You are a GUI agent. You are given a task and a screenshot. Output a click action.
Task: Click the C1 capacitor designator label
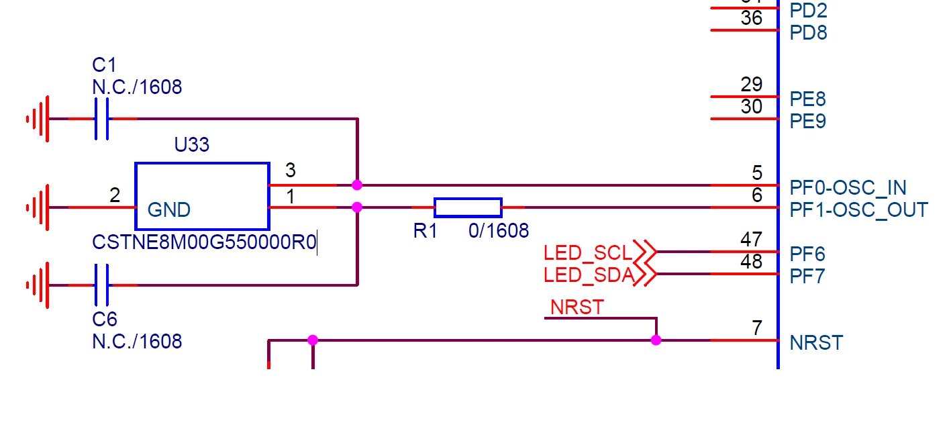point(104,65)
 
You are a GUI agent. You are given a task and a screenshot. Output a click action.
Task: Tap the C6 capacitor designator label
point(105,319)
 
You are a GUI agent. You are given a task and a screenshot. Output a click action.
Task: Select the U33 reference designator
point(192,144)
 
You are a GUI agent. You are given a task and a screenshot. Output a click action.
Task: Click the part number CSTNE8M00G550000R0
point(204,242)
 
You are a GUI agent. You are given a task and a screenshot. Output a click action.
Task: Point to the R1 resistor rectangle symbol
point(468,207)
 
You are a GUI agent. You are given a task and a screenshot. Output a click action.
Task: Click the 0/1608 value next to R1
point(499,231)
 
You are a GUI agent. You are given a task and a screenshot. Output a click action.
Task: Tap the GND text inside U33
point(169,210)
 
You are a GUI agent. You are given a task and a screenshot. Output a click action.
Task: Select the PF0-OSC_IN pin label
point(848,188)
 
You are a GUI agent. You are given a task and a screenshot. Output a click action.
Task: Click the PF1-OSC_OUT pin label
point(858,210)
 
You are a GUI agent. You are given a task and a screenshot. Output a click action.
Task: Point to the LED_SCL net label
point(588,253)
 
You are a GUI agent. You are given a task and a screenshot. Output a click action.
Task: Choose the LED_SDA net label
point(589,275)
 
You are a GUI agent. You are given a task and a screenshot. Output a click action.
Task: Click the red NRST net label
point(577,307)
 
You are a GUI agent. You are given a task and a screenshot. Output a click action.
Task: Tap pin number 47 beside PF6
point(751,239)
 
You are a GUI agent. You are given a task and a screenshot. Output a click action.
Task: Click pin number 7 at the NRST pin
point(757,328)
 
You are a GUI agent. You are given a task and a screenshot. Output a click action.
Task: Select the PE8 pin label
point(807,99)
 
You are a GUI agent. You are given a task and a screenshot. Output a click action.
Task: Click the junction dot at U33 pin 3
point(357,185)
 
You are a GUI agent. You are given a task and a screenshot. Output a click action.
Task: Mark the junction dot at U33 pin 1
point(357,207)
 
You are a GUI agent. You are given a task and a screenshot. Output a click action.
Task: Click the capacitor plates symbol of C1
point(101,119)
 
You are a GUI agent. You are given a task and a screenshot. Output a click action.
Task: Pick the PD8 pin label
point(808,33)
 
